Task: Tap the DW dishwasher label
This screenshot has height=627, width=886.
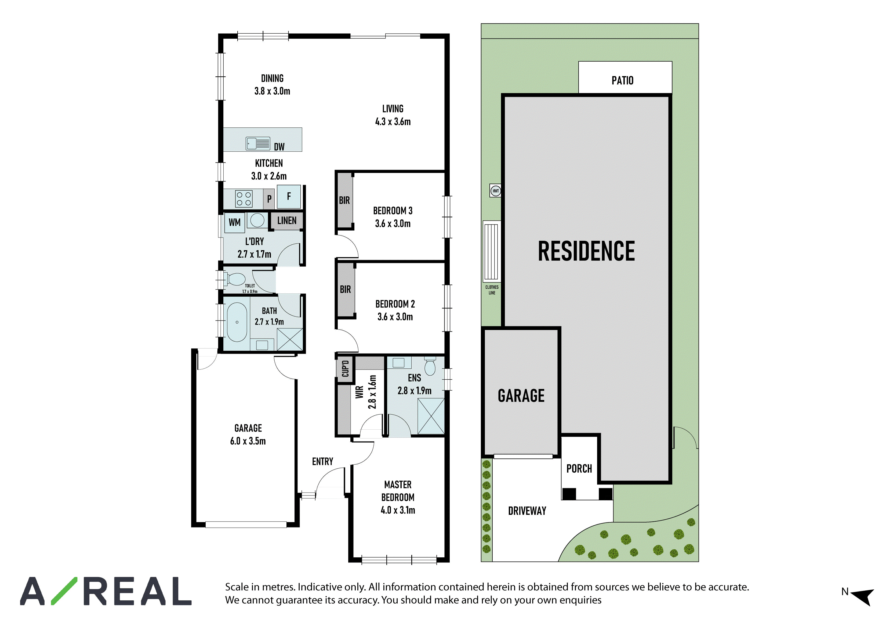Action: click(x=279, y=147)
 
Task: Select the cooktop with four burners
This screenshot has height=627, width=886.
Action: click(x=244, y=199)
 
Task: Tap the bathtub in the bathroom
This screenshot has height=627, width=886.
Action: click(x=237, y=322)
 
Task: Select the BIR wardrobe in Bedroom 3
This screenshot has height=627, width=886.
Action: click(x=344, y=201)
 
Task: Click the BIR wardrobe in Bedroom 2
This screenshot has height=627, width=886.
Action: click(x=345, y=289)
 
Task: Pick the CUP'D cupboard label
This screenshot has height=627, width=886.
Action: click(x=345, y=369)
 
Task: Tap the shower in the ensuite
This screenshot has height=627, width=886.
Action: click(x=431, y=416)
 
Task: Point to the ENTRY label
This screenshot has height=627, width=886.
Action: click(x=323, y=461)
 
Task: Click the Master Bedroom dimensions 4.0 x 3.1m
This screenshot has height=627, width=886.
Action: click(x=398, y=510)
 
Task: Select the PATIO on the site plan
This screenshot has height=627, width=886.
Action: click(x=625, y=77)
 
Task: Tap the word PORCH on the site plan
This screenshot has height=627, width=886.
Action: click(x=579, y=469)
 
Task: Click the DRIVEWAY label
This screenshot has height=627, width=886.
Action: click(x=527, y=511)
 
